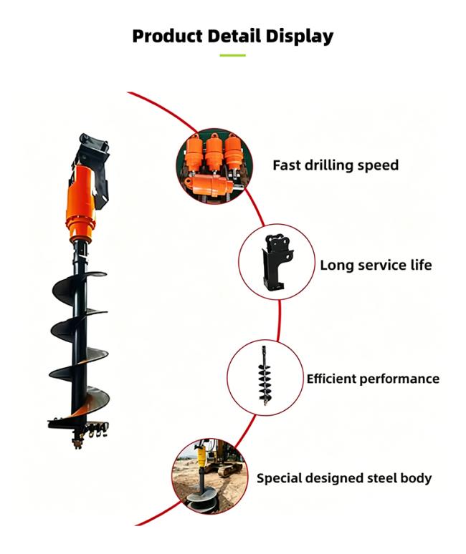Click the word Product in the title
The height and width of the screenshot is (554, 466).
[x=167, y=36]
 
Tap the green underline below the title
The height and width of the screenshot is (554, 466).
[x=232, y=55]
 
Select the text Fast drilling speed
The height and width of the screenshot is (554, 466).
[x=336, y=165]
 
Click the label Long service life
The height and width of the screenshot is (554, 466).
[x=376, y=265]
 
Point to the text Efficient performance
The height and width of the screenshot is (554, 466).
[x=373, y=379]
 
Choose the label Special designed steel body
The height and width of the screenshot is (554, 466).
[x=344, y=478]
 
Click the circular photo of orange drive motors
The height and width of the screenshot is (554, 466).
[x=214, y=166]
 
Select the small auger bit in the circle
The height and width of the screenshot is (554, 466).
[x=265, y=375]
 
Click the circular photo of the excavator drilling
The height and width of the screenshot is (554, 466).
[x=209, y=476]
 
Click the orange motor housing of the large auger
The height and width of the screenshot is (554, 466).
[x=81, y=203]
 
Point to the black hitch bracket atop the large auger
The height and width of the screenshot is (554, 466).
[x=92, y=166]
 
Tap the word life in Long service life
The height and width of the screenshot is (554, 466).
[x=421, y=265]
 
